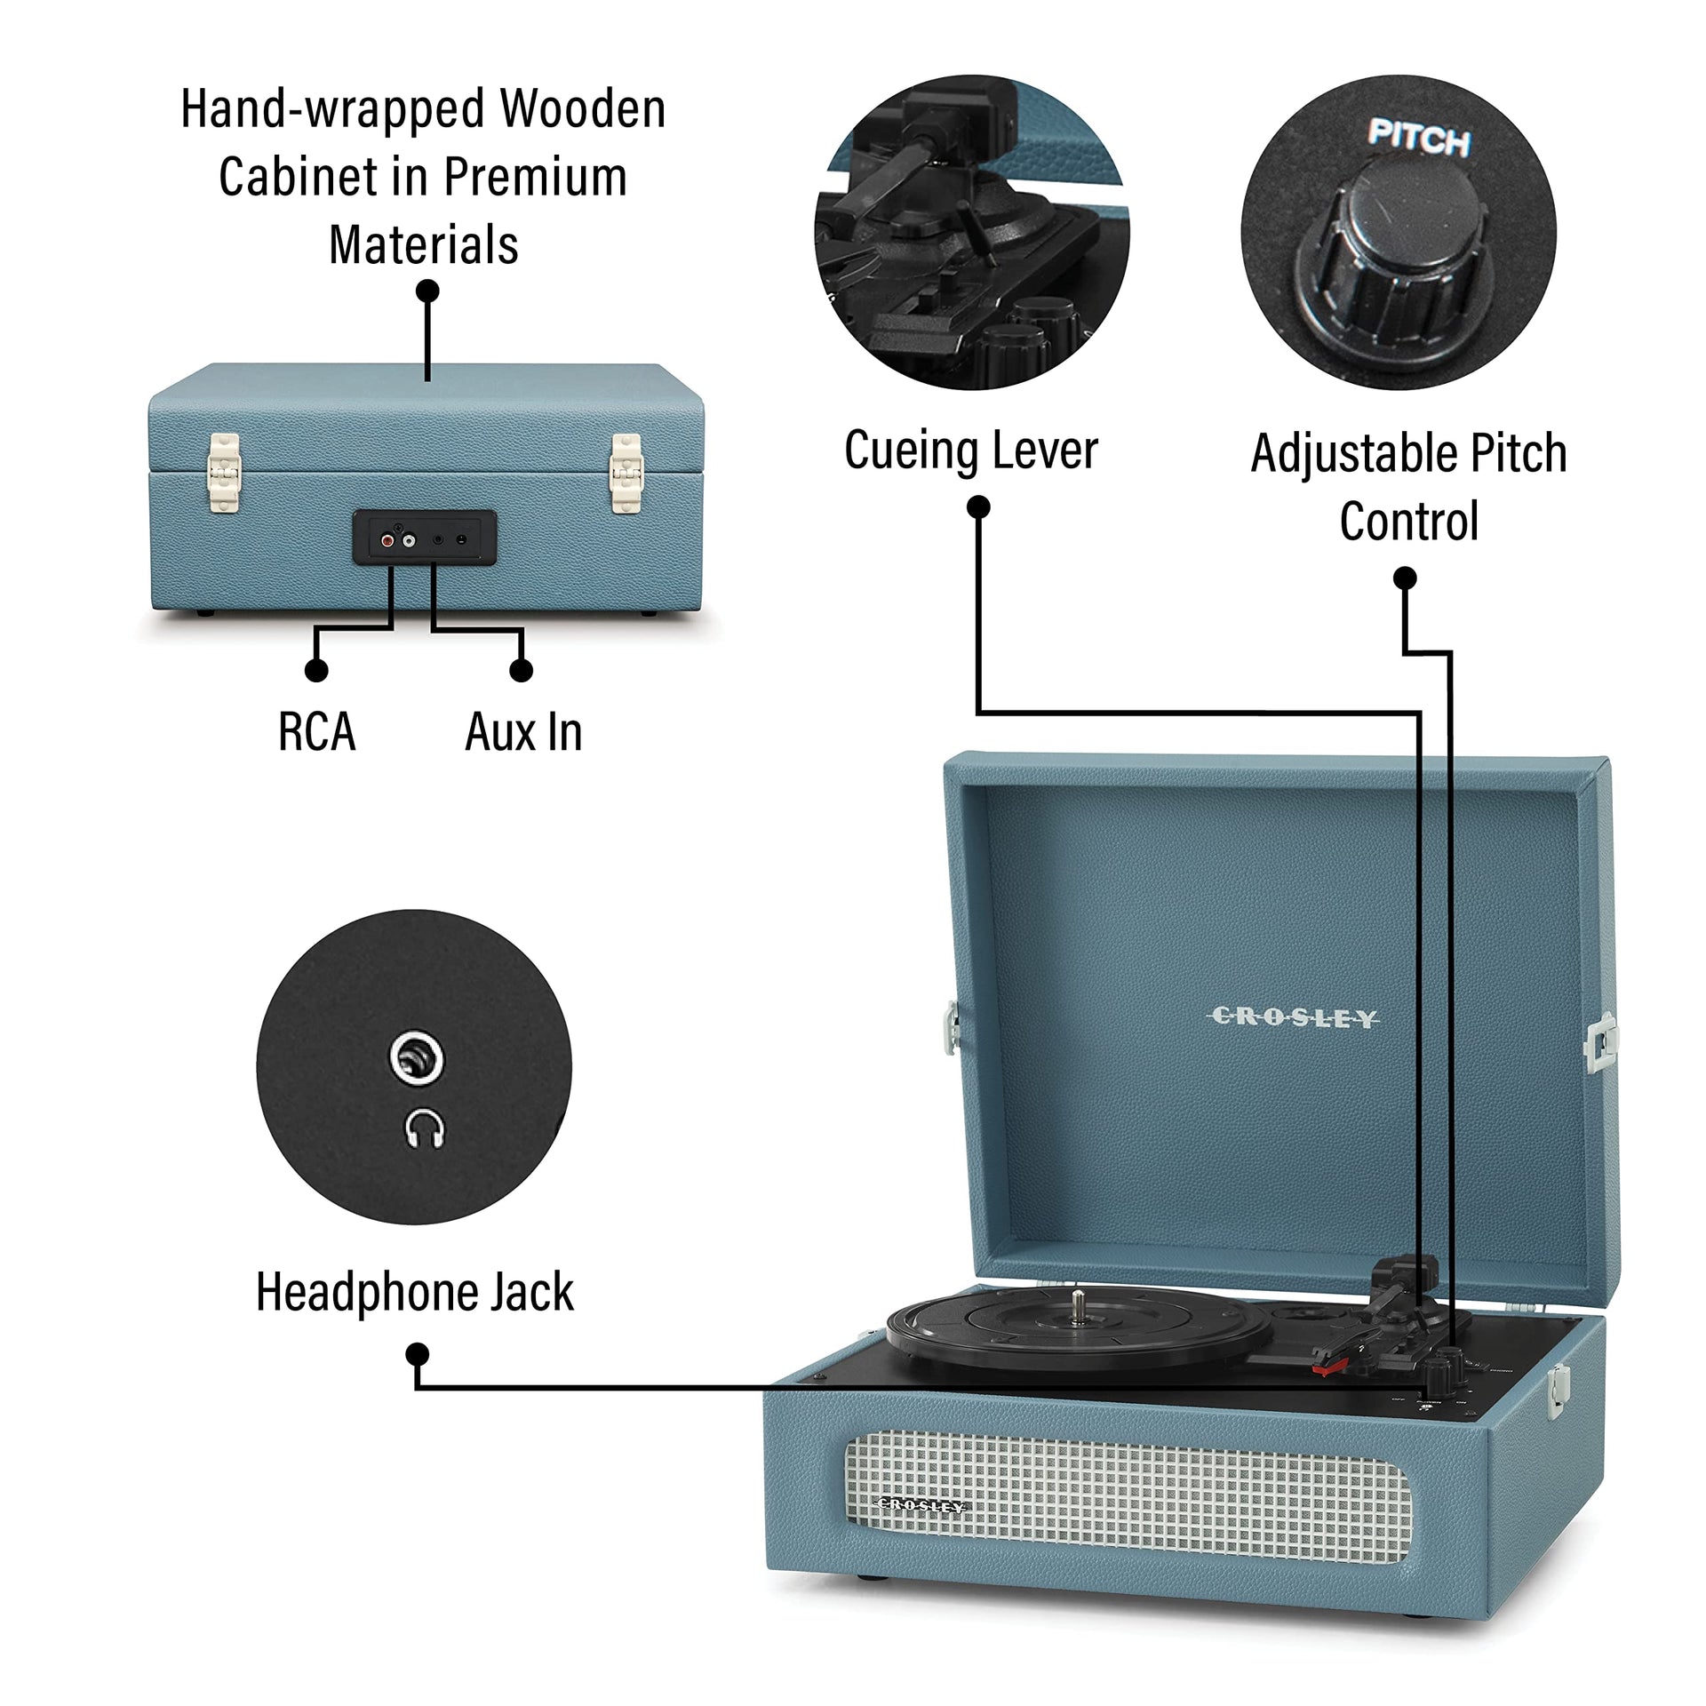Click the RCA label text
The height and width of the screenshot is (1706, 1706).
pos(316,732)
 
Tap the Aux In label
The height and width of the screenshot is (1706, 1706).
pos(523,732)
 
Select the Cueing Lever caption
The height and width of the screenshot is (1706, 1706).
pos(970,450)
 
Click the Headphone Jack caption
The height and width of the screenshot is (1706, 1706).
pos(414,1292)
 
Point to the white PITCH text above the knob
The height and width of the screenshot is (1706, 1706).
pos(1418,139)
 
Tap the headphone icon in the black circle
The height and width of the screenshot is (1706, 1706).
pos(424,1128)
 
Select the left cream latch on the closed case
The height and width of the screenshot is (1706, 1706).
pos(223,473)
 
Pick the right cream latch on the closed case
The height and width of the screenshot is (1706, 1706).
pos(626,473)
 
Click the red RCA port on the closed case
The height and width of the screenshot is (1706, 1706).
pos(387,538)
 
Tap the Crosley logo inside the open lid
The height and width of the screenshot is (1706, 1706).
pos(1294,1017)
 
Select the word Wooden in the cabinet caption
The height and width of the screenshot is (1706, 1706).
pos(582,108)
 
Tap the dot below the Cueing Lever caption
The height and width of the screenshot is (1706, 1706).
pos(978,506)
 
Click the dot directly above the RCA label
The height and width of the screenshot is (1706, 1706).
pos(315,670)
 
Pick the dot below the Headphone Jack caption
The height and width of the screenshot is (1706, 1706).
pos(417,1354)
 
